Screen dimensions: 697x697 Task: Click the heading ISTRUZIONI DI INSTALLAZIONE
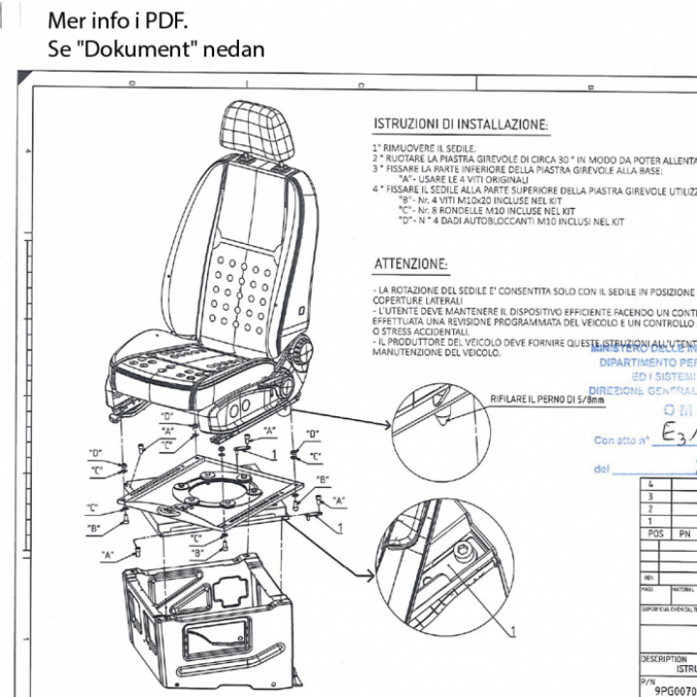(461, 125)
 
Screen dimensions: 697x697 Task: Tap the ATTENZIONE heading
(411, 264)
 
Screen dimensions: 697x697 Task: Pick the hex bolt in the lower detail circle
(465, 553)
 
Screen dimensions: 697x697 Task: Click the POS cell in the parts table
(655, 533)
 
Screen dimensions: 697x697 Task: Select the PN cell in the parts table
(684, 533)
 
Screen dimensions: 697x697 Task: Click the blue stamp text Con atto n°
(620, 440)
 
